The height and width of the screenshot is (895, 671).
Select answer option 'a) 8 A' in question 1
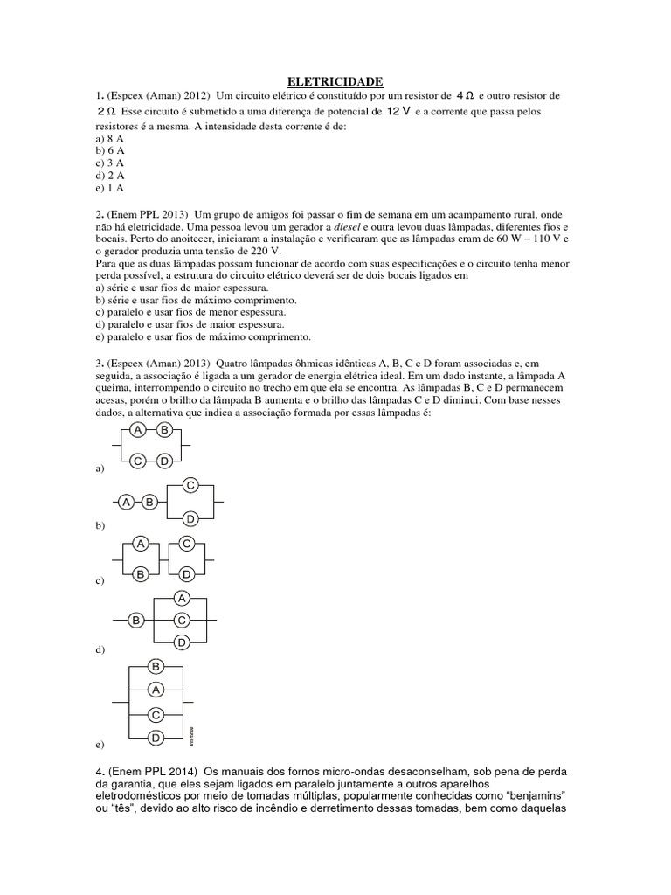coord(109,139)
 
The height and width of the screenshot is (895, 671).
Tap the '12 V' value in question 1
coord(398,112)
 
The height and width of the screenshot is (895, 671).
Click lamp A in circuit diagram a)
coord(137,430)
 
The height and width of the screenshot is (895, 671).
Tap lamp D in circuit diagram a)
coord(163,461)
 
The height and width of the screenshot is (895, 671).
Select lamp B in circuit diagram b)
coord(150,502)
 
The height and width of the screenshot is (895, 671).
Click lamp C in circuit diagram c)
coord(186,544)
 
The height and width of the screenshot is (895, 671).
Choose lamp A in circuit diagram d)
coord(181,598)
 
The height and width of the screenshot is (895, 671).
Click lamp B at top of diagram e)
coord(156,667)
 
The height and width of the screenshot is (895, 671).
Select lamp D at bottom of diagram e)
coord(156,738)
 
